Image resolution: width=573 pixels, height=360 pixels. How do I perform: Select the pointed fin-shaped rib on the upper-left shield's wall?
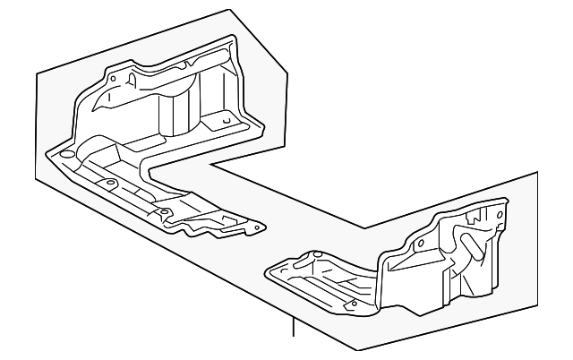(133, 82)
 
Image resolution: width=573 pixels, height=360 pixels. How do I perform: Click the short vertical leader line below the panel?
(292, 326)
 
